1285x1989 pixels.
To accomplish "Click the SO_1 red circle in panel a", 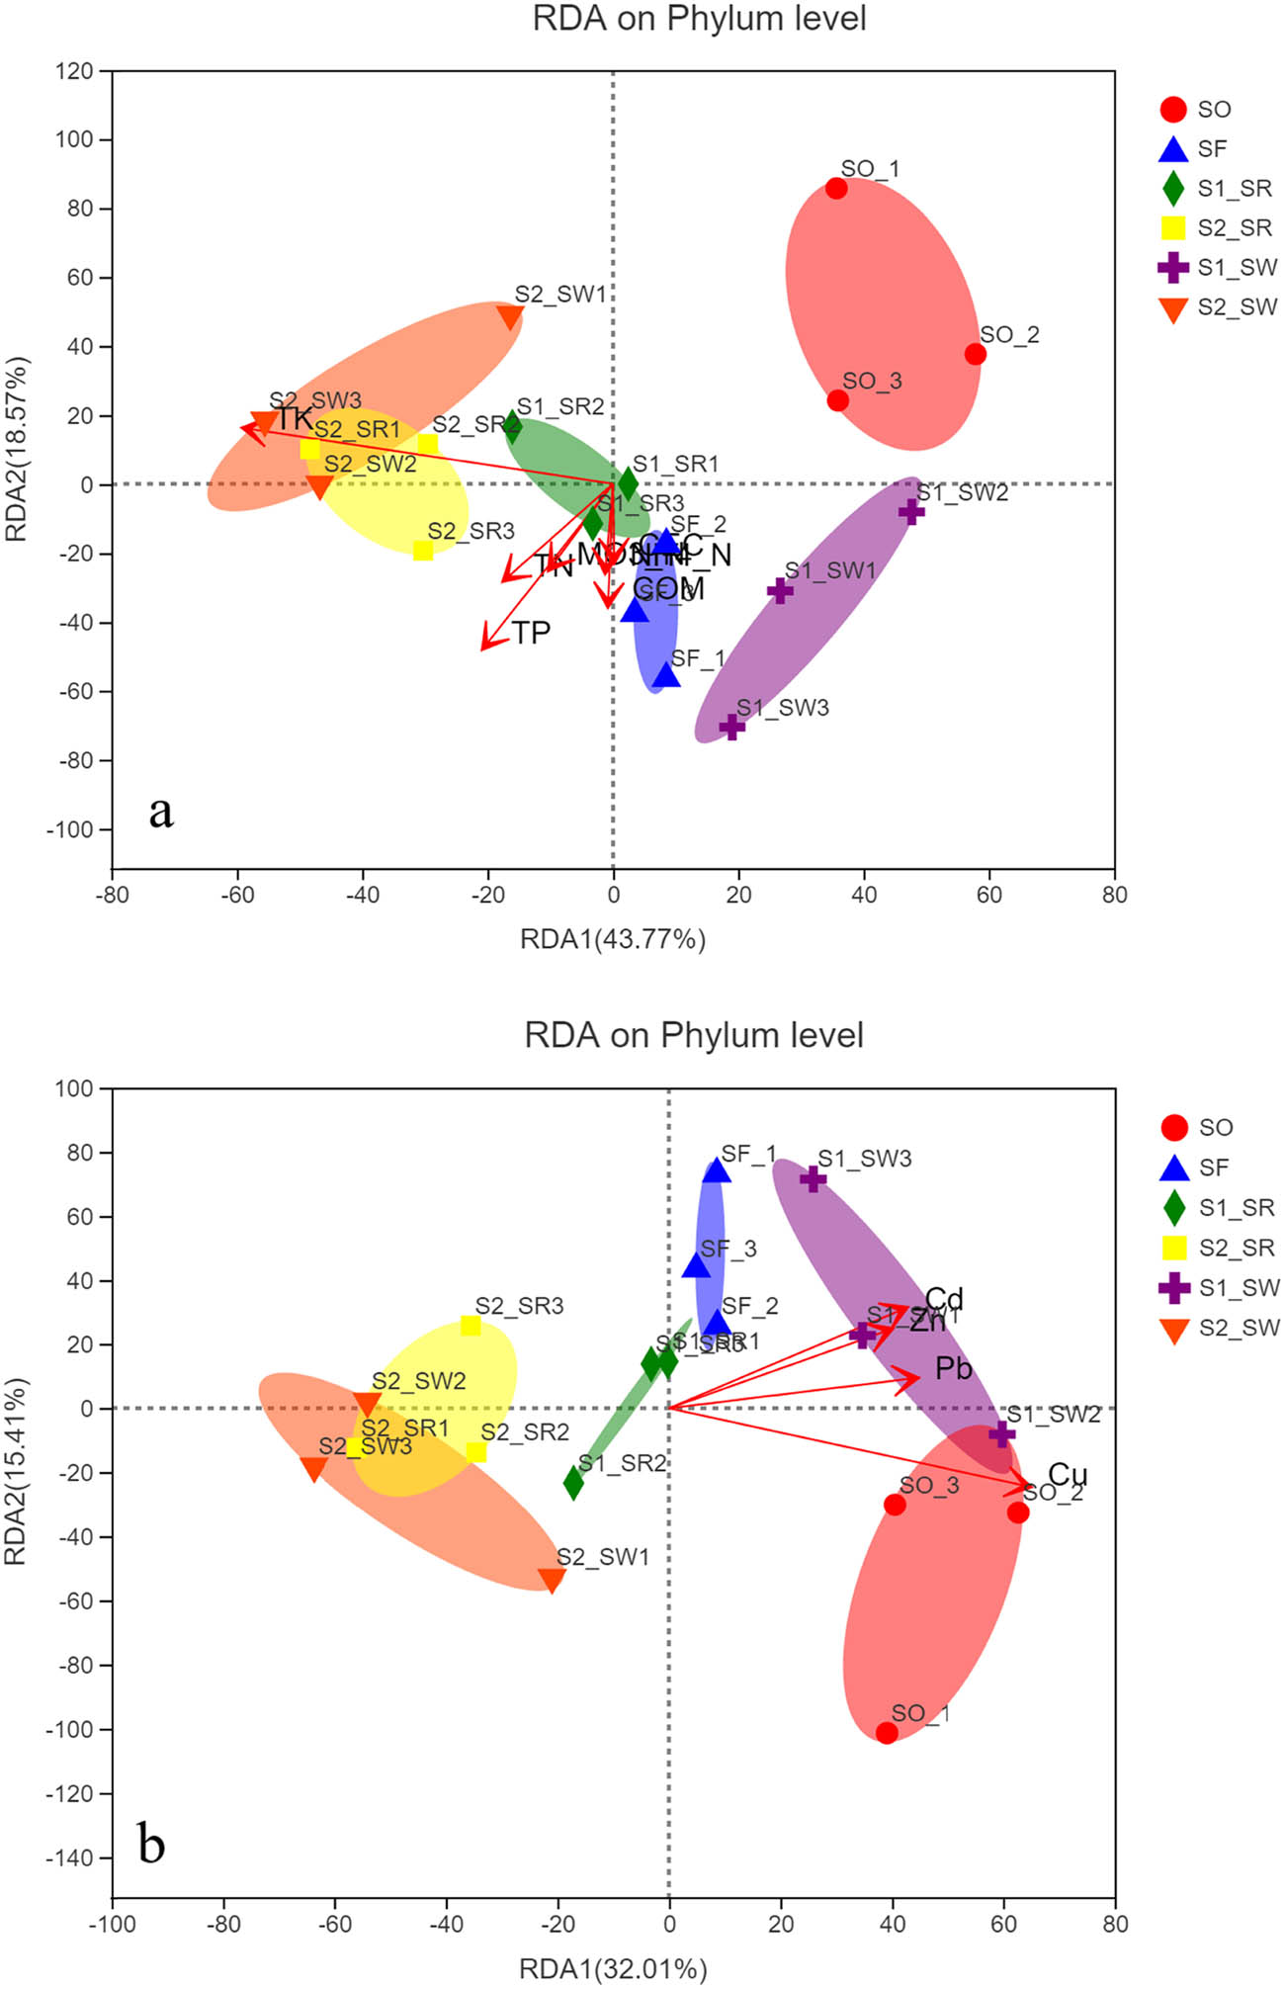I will click(836, 188).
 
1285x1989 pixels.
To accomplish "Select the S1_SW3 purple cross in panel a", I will click(731, 727).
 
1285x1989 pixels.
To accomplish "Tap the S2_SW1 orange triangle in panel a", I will click(510, 317).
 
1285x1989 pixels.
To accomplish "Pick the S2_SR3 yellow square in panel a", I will click(423, 551).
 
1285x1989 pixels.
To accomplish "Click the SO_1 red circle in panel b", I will click(887, 1733).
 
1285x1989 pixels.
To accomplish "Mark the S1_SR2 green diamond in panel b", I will click(573, 1483).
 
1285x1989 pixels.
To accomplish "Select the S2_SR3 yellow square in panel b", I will click(471, 1326).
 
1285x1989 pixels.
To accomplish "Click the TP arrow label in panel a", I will click(531, 633).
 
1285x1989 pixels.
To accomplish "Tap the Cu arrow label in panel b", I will click(1068, 1474).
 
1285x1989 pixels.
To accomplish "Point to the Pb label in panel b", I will click(954, 1368).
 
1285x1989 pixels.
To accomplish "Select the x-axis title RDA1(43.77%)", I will click(613, 938).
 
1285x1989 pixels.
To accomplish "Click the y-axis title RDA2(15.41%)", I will click(17, 1470).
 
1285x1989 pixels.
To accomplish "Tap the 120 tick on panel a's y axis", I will click(74, 71).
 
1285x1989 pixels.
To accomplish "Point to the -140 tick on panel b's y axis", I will click(69, 1858).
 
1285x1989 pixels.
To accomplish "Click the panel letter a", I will click(161, 812).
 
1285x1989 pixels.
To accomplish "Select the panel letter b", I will click(151, 1844).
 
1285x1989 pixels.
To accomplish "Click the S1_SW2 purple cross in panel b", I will click(1002, 1433).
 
